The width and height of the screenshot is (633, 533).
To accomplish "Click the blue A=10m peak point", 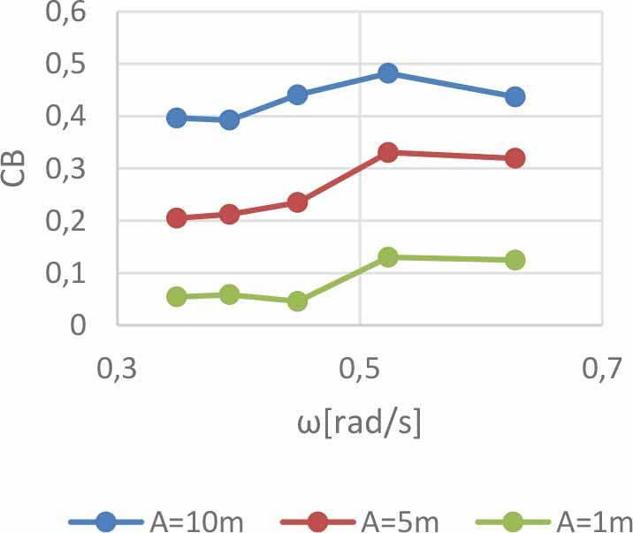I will (387, 73).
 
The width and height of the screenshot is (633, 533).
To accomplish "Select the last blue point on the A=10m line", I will (515, 96).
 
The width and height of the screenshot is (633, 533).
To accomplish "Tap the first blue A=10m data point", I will (177, 118).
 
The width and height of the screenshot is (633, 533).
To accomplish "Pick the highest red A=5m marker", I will (387, 153).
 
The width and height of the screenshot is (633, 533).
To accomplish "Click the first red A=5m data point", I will (177, 218).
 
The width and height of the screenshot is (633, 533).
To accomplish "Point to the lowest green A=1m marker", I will (297, 301).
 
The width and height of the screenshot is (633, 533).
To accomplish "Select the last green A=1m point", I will (515, 260).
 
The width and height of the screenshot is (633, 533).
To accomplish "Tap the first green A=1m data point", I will (177, 296).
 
